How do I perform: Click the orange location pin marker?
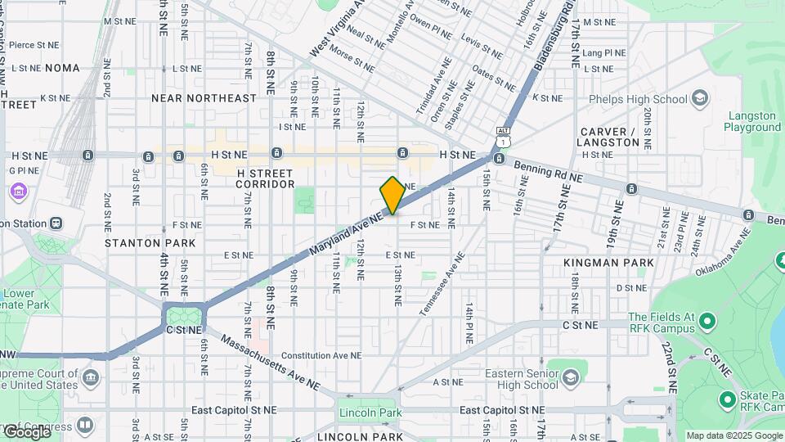pyautogui.click(x=392, y=196)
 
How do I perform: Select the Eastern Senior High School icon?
pyautogui.click(x=570, y=377)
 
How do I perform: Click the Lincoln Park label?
pyautogui.click(x=373, y=413)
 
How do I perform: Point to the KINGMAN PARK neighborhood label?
pyautogui.click(x=609, y=263)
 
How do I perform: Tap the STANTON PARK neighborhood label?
pyautogui.click(x=150, y=243)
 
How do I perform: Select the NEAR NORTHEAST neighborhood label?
pyautogui.click(x=204, y=98)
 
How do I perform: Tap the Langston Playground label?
pyautogui.click(x=752, y=121)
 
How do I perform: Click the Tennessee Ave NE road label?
pyautogui.click(x=442, y=284)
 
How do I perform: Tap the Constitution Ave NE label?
pyautogui.click(x=321, y=356)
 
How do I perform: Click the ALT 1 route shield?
pyautogui.click(x=504, y=136)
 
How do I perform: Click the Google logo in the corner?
pyautogui.click(x=26, y=431)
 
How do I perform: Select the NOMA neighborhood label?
pyautogui.click(x=62, y=68)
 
